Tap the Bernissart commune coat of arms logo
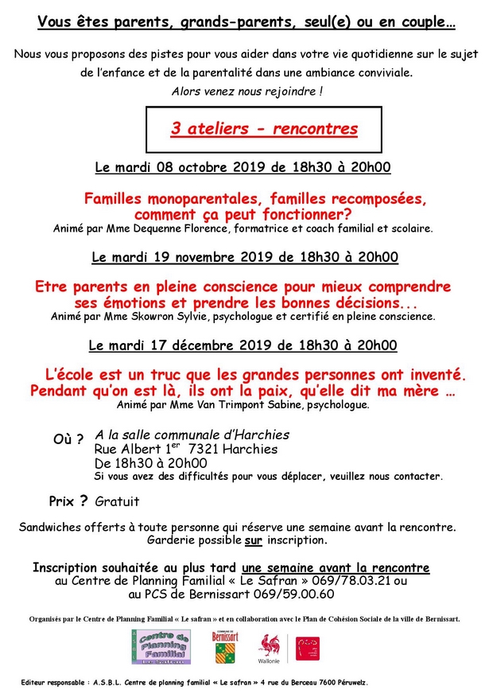(x=225, y=645)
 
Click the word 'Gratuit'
(x=117, y=502)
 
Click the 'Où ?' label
(x=68, y=440)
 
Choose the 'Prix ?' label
(x=68, y=501)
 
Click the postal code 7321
(x=191, y=449)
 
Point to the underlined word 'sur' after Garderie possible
(x=253, y=540)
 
